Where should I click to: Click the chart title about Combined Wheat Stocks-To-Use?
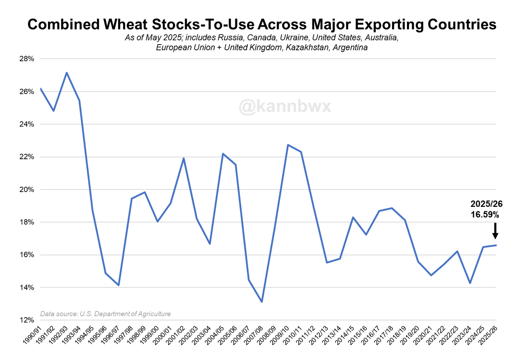(262, 24)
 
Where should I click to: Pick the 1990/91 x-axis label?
(32, 337)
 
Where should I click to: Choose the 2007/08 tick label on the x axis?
(254, 337)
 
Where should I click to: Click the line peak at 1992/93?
(66, 73)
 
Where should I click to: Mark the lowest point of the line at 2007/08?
(262, 302)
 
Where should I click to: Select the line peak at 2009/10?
(287, 145)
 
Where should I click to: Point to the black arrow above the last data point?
(495, 230)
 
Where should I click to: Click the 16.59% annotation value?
(484, 215)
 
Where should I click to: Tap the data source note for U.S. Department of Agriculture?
(105, 314)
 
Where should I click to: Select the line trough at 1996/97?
(119, 285)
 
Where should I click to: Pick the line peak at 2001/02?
(184, 158)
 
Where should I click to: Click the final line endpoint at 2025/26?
(496, 245)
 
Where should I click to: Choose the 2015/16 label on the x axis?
(358, 337)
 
